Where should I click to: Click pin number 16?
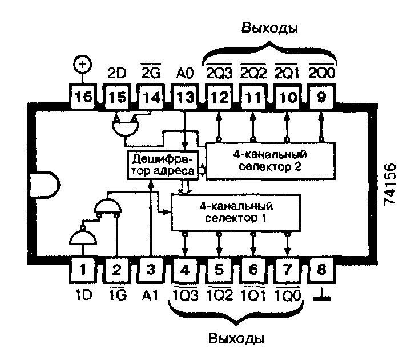tap(83, 97)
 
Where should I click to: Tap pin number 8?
tap(321, 270)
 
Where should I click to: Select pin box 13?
tap(185, 97)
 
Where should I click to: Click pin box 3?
tap(151, 270)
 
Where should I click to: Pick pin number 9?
tap(321, 97)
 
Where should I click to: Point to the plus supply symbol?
tap(82, 64)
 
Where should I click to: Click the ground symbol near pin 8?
tap(321, 296)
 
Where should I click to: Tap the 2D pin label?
tap(117, 73)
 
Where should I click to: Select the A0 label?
tap(185, 73)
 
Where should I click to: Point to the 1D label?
tap(83, 295)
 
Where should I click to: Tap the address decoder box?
tap(163, 165)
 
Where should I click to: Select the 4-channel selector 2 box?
tap(270, 161)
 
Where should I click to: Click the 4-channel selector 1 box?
tap(236, 213)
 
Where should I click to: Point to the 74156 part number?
tap(390, 184)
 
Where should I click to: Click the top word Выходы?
tap(269, 28)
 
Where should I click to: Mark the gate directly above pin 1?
tap(83, 237)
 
